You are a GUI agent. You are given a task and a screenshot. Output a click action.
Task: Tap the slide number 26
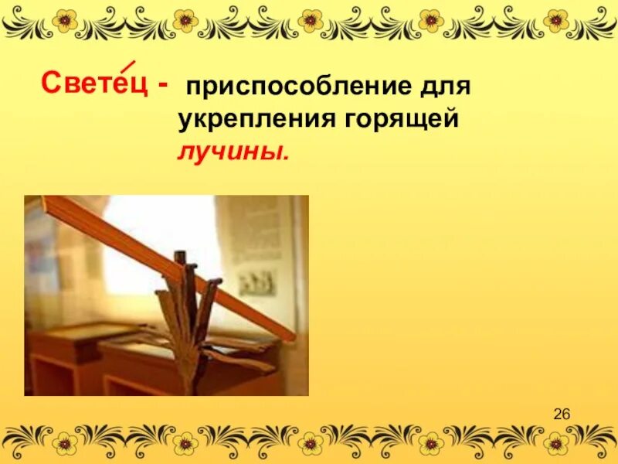tap(562, 415)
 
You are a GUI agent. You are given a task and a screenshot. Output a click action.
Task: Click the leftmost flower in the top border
tap(65, 19)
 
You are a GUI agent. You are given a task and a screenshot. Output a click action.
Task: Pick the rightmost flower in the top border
tap(555, 19)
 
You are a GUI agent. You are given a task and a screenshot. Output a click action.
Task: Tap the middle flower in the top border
tap(311, 19)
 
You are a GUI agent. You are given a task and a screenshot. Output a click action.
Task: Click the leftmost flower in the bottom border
tap(65, 442)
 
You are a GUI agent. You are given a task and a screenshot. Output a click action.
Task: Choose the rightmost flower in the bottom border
tap(555, 442)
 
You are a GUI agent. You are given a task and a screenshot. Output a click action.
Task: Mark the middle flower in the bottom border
tap(311, 442)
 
